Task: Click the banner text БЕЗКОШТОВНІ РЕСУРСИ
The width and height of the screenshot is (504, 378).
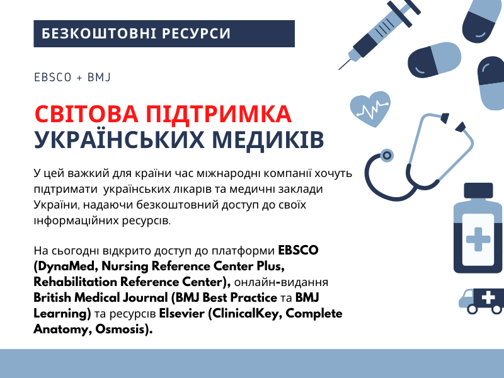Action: [x=136, y=33]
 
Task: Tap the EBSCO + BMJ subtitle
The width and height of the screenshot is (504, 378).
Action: [x=72, y=77]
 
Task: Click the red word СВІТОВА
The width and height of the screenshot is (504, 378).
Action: [x=86, y=114]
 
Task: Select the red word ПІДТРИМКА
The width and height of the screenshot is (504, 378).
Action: [x=219, y=114]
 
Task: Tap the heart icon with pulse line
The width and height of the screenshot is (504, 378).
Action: [x=370, y=109]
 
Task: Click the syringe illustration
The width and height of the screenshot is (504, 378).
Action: [x=379, y=35]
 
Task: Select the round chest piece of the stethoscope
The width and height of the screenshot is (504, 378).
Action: [x=387, y=156]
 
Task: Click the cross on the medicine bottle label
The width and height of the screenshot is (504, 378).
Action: [x=478, y=239]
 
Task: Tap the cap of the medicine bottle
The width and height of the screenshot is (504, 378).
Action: [x=478, y=191]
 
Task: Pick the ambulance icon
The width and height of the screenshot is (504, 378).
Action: [x=481, y=301]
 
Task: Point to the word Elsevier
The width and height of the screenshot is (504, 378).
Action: [x=182, y=313]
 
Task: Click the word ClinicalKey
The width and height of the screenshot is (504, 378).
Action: [x=245, y=313]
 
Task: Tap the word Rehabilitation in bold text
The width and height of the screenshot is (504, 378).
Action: [x=75, y=282]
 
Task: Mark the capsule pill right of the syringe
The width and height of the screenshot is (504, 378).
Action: [x=434, y=60]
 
